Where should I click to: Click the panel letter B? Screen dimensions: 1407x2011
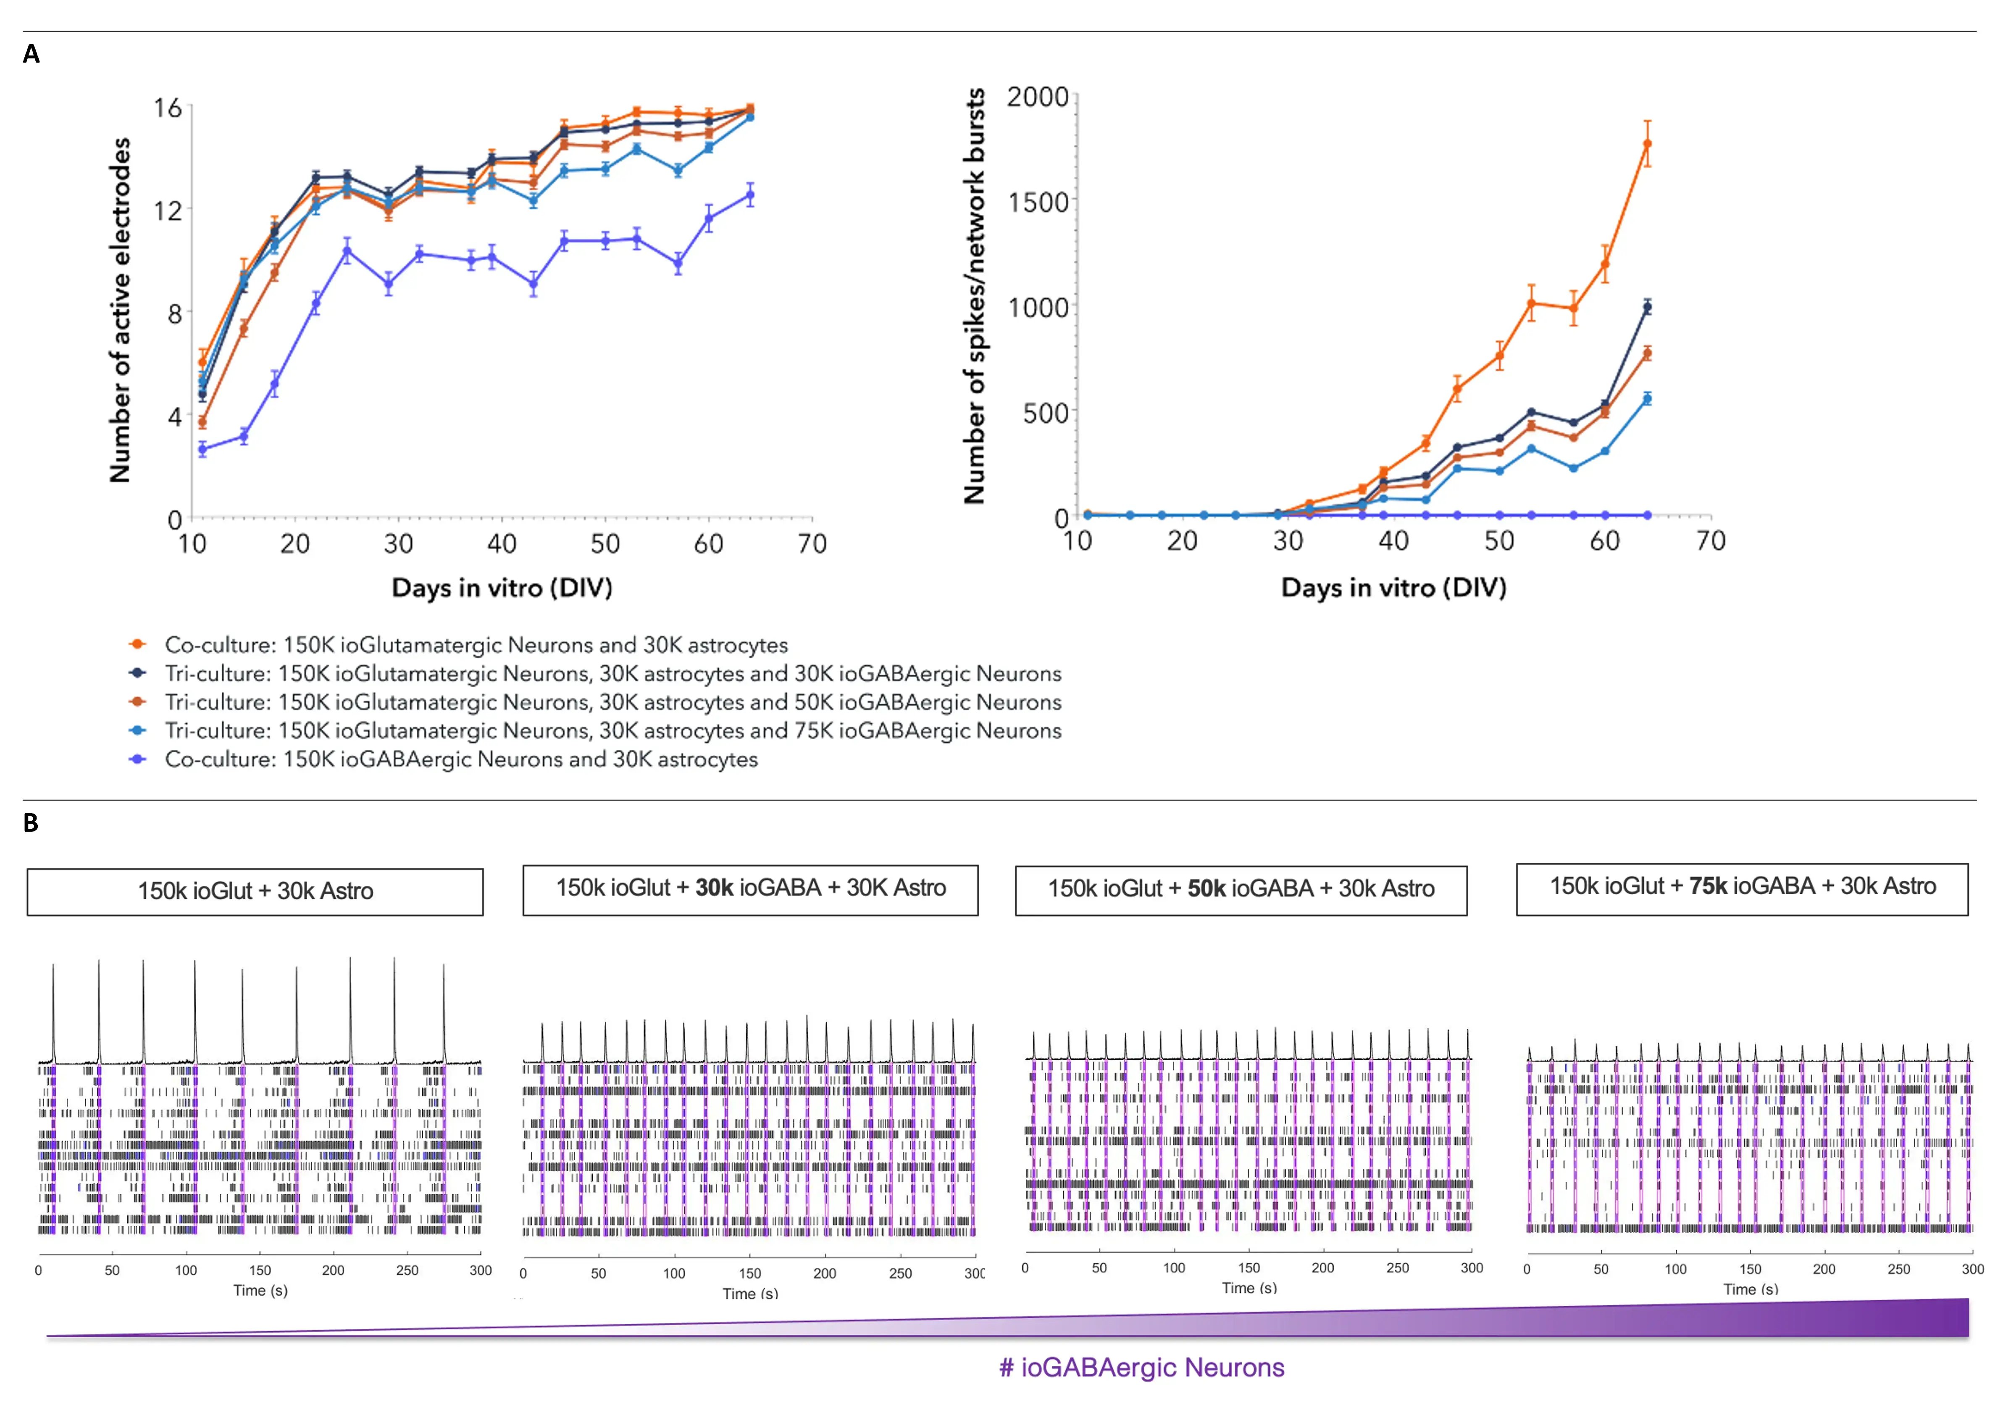pyautogui.click(x=31, y=823)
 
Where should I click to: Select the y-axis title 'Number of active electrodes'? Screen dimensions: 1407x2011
pyautogui.click(x=120, y=310)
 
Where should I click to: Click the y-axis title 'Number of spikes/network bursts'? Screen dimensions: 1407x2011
pyautogui.click(x=974, y=296)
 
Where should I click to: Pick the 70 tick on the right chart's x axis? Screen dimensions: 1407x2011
pyautogui.click(x=1710, y=540)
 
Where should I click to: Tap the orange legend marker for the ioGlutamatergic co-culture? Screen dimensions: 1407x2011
pyautogui.click(x=137, y=644)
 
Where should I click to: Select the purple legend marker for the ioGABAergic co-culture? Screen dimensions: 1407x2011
pyautogui.click(x=137, y=759)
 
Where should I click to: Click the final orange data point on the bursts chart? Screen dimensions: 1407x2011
pyautogui.click(x=1647, y=144)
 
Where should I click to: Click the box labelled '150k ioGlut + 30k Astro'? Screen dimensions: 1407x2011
pyautogui.click(x=255, y=891)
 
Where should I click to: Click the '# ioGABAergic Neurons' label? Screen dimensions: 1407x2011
pyautogui.click(x=1141, y=1367)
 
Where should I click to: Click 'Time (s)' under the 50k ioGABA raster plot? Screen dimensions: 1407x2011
pyautogui.click(x=1249, y=1288)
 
